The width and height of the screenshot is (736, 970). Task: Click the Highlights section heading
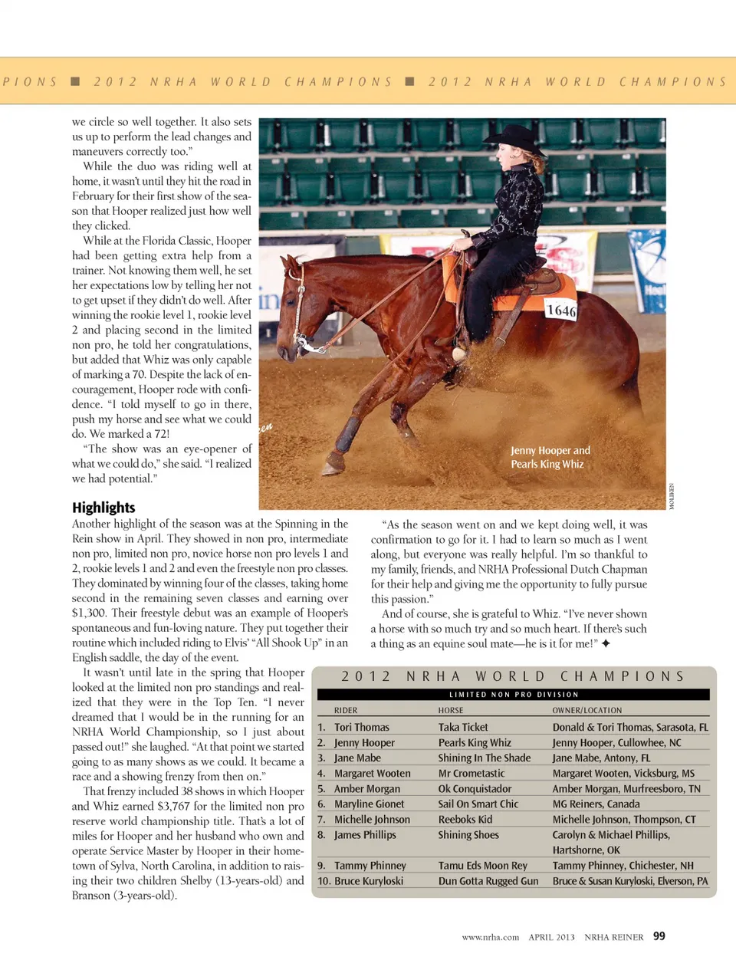(x=103, y=508)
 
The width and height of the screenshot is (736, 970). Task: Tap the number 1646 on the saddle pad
(x=560, y=311)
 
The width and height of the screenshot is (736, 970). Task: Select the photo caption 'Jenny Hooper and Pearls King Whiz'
(x=550, y=457)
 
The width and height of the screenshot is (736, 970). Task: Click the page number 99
(x=659, y=936)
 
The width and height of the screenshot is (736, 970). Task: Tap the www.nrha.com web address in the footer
(x=490, y=937)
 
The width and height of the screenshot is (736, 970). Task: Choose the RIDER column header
(x=346, y=711)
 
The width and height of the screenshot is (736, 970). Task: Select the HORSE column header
(x=451, y=711)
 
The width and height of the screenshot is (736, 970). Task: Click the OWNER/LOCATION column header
(x=587, y=711)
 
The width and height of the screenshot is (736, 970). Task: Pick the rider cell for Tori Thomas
(x=361, y=727)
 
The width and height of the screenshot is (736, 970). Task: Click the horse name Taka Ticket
(x=463, y=727)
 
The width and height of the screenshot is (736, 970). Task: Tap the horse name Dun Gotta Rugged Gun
(x=488, y=881)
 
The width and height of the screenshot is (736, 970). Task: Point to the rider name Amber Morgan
(x=366, y=788)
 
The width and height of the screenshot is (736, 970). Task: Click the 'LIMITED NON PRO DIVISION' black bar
(x=514, y=695)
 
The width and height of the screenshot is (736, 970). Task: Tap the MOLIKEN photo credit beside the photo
(x=672, y=496)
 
